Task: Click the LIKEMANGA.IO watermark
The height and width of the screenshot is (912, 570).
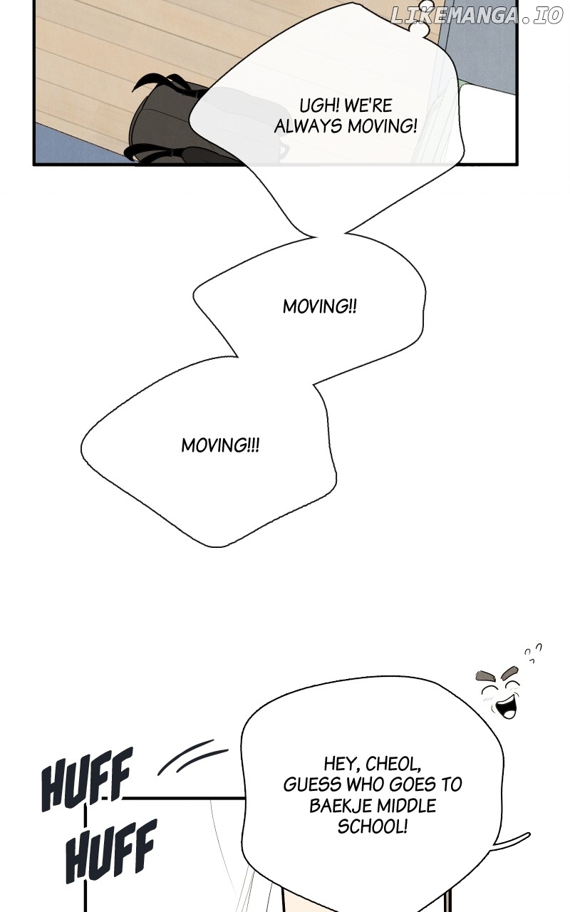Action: (x=477, y=16)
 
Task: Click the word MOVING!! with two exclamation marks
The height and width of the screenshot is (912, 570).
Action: (x=320, y=306)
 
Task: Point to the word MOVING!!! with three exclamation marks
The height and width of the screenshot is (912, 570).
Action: (x=220, y=445)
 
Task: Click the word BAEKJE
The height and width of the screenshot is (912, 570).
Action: (x=341, y=806)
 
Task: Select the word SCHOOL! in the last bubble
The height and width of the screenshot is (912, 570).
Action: (x=373, y=826)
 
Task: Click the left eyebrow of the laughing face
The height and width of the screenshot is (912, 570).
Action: (x=486, y=675)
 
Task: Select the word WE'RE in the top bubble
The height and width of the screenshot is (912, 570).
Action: (x=368, y=106)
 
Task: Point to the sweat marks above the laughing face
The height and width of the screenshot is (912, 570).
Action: (x=533, y=653)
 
